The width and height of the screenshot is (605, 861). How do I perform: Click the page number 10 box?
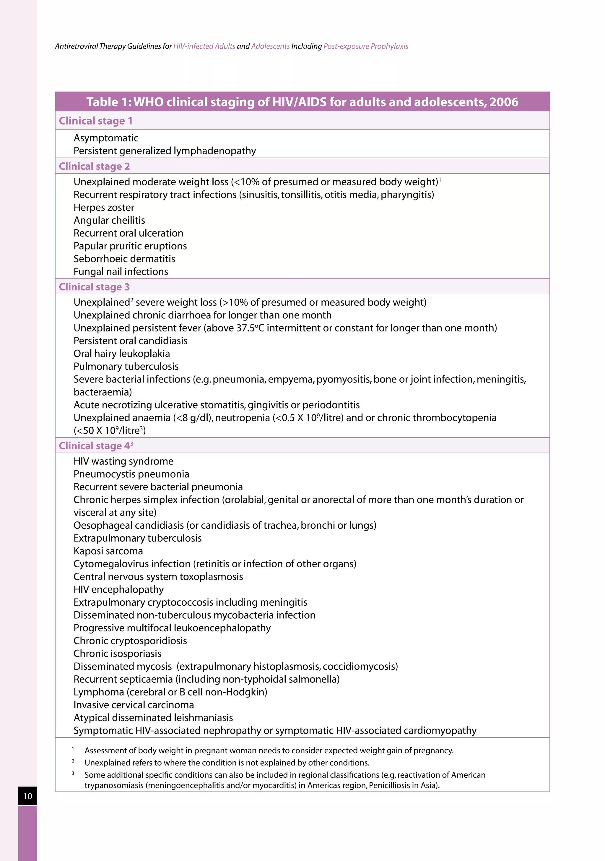pos(27,796)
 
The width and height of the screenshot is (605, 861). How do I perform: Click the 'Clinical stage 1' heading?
pos(95,121)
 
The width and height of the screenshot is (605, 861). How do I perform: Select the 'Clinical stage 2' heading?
pos(94,166)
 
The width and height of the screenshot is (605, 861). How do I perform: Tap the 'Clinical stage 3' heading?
pos(94,287)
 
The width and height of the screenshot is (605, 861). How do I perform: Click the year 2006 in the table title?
pos(504,102)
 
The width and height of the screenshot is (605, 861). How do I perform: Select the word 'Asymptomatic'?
pos(106,138)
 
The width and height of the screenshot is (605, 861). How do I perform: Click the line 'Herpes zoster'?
pos(104,208)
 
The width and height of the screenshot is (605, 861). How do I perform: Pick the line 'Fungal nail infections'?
pos(121,272)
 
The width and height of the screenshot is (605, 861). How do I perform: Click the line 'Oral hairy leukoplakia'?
pos(122,354)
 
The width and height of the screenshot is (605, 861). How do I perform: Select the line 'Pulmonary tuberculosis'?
pos(126,366)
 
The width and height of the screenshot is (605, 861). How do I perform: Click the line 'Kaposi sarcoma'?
pos(108,551)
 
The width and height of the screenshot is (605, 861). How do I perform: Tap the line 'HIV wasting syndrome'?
pos(123,461)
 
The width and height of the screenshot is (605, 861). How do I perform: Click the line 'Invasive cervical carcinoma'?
pos(133,705)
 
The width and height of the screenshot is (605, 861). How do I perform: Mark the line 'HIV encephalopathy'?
pos(118,589)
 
